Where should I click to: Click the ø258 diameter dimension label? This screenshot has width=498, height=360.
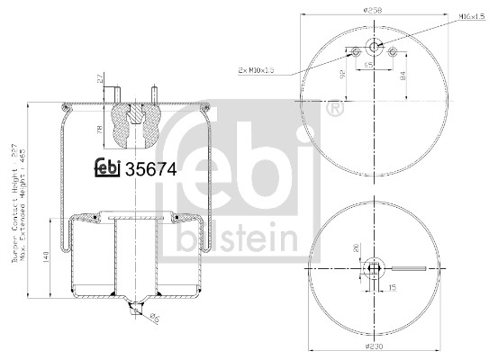[374, 10]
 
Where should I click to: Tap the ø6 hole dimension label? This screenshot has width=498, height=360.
[155, 316]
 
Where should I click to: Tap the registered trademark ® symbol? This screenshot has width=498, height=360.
[335, 110]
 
